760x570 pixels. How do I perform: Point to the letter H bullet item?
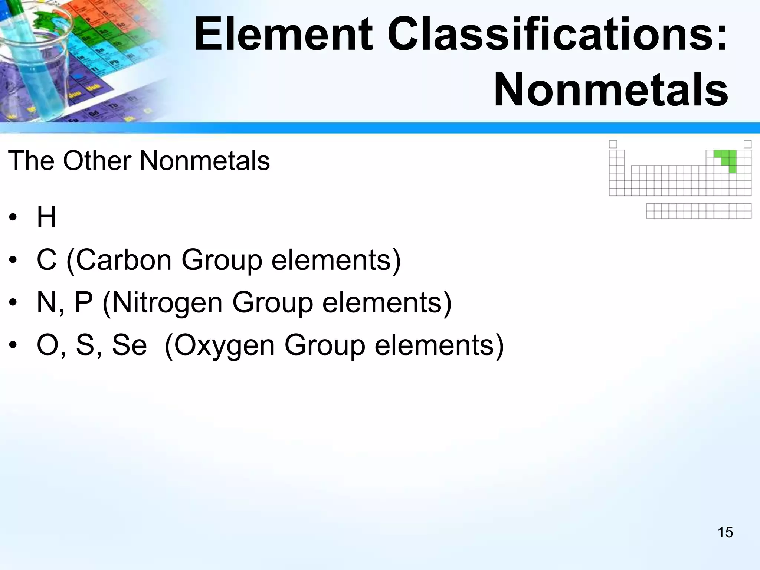click(x=46, y=217)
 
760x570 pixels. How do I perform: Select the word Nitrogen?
click(x=167, y=302)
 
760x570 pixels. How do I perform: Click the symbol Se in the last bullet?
click(x=129, y=345)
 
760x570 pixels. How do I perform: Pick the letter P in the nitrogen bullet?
click(x=83, y=302)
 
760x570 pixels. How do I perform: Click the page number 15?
click(x=725, y=533)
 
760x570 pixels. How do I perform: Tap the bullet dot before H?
click(x=13, y=218)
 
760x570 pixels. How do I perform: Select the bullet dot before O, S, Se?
click(x=13, y=346)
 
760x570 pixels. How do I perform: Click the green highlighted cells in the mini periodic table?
click(x=728, y=158)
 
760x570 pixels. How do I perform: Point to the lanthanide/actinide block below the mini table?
click(x=699, y=211)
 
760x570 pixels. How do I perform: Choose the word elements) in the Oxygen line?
click(x=439, y=345)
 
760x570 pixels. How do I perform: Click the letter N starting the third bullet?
click(x=46, y=302)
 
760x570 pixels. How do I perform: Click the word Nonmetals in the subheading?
click(x=204, y=161)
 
